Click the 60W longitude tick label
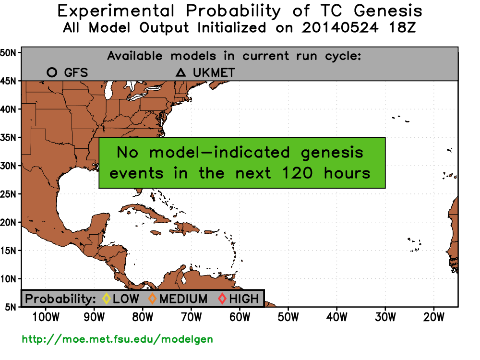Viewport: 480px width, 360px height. coord(240,317)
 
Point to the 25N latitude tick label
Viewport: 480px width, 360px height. coord(8,194)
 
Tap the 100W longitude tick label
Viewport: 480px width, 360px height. coord(46,317)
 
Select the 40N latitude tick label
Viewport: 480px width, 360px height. coord(8,109)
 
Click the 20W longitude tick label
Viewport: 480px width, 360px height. coord(433,317)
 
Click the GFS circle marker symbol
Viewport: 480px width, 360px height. coord(52,72)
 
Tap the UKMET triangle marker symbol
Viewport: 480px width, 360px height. coord(180,72)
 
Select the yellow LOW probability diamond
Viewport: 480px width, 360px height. coord(106,299)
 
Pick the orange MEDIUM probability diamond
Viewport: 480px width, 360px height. coord(152,299)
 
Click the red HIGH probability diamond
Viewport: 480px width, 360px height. coord(222,299)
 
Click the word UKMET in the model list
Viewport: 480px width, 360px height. coord(214,73)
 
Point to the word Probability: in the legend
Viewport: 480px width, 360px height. coord(60,299)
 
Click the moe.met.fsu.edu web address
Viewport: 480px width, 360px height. coord(117,339)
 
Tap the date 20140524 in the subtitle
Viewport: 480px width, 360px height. coord(340,27)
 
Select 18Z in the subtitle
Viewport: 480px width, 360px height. coord(402,27)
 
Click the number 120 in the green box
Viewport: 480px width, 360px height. coord(297,173)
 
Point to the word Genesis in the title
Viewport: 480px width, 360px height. coord(388,11)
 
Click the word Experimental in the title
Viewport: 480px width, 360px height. coord(116,12)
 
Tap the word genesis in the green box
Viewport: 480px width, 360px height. coord(332,153)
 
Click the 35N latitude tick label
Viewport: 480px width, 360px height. coord(8,137)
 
